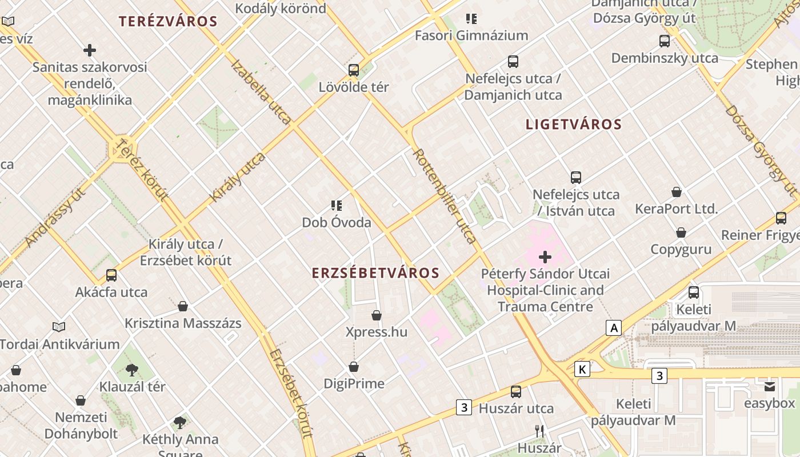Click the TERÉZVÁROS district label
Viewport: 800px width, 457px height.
[x=168, y=22]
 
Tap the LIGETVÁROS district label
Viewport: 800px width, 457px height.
[x=573, y=124]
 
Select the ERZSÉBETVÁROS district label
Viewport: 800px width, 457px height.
[x=375, y=273]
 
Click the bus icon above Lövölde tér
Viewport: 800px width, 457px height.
[x=354, y=70]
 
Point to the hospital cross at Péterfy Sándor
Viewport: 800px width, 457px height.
[x=545, y=257]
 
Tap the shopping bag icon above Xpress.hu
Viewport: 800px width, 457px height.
[x=377, y=315]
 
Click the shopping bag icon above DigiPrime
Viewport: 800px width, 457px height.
[x=354, y=367]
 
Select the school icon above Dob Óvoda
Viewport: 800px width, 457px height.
[x=337, y=206]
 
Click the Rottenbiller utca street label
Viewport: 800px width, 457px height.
[x=445, y=196]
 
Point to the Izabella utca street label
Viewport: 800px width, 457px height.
[x=261, y=91]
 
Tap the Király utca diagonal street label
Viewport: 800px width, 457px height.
[x=238, y=177]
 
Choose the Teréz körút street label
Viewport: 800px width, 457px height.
[x=142, y=170]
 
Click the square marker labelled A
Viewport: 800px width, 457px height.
[x=614, y=328]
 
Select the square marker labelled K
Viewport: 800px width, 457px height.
[x=582, y=369]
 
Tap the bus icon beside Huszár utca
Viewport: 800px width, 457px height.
[x=516, y=392]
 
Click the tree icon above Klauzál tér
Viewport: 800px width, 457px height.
[x=132, y=370]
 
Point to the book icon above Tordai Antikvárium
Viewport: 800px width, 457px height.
[x=59, y=327]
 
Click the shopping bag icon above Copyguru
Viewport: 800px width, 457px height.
[x=681, y=232]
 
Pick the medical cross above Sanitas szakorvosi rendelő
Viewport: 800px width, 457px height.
[x=90, y=51]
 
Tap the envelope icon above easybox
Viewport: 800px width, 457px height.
[x=769, y=387]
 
